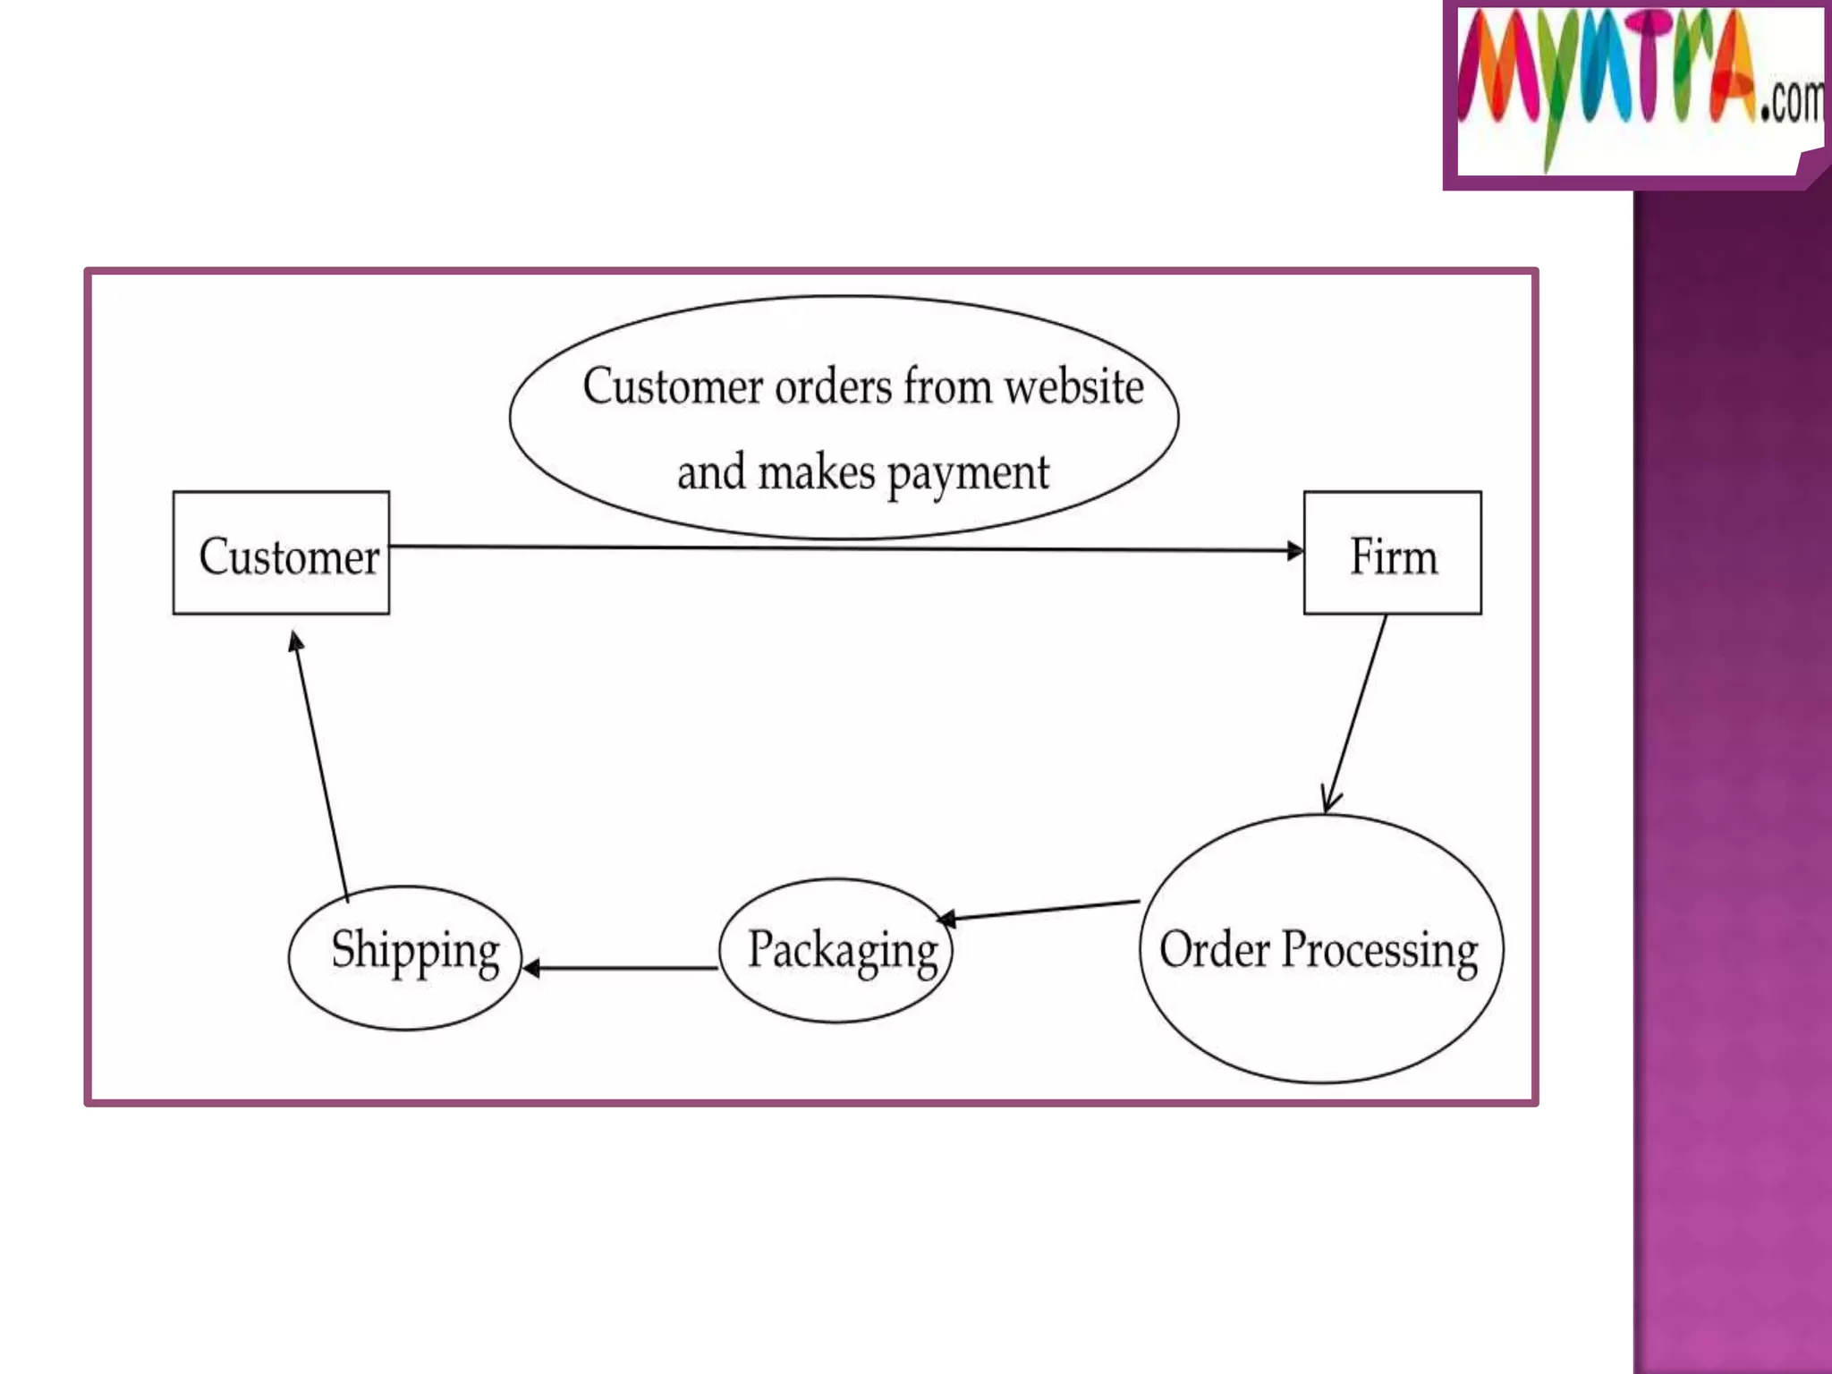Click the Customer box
point(281,554)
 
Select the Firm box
point(1392,554)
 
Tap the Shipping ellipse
point(405,958)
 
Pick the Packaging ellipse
point(836,951)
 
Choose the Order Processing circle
point(1321,949)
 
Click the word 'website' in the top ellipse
point(1073,387)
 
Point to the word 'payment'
point(968,473)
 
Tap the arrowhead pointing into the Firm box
point(1294,551)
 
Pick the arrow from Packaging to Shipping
point(621,968)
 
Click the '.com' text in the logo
point(1791,101)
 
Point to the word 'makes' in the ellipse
point(817,473)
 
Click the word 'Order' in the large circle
point(1214,949)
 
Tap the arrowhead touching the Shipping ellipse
point(531,968)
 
